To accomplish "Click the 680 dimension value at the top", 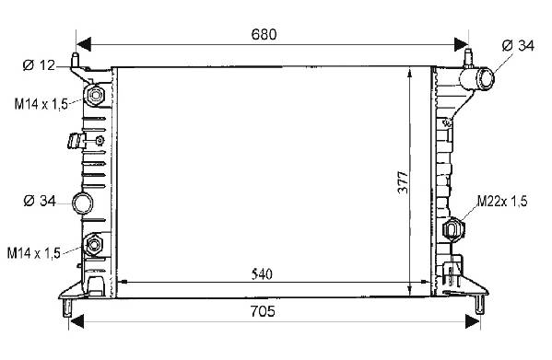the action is pyautogui.click(x=264, y=34).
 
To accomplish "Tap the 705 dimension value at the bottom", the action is pyautogui.click(x=263, y=311).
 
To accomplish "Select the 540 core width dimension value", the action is pyautogui.click(x=263, y=274).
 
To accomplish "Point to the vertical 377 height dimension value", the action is pyautogui.click(x=403, y=182).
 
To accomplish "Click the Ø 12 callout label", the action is pyautogui.click(x=39, y=65).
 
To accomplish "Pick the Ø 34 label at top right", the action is pyautogui.click(x=518, y=46).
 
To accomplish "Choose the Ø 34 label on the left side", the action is pyautogui.click(x=40, y=201).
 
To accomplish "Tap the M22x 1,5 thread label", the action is pyautogui.click(x=502, y=201).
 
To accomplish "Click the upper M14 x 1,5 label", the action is pyautogui.click(x=41, y=104).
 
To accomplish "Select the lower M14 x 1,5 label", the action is pyautogui.click(x=34, y=253).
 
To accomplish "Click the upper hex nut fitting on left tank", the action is pyautogui.click(x=95, y=95).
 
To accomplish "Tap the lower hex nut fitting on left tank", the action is pyautogui.click(x=94, y=244).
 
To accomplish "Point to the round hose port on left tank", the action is pyautogui.click(x=83, y=203).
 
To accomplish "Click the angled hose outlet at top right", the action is pyautogui.click(x=477, y=78).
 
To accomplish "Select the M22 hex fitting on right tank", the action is pyautogui.click(x=453, y=229).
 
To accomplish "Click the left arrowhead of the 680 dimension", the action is pyautogui.click(x=84, y=44).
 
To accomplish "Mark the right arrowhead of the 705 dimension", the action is pyautogui.click(x=473, y=321).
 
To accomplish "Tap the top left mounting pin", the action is pyautogui.click(x=75, y=60).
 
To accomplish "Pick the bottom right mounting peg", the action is pyautogui.click(x=479, y=304).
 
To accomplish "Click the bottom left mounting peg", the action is pyautogui.click(x=67, y=308).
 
